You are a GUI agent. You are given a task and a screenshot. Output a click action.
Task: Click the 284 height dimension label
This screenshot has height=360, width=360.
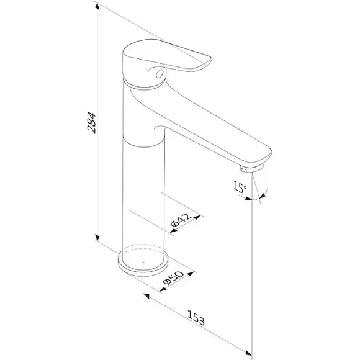click(92, 123)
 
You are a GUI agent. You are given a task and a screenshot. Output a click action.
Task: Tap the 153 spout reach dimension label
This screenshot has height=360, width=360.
click(196, 318)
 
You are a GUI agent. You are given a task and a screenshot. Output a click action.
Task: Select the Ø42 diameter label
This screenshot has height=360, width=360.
click(181, 220)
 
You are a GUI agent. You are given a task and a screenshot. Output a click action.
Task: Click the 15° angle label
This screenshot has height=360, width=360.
click(240, 187)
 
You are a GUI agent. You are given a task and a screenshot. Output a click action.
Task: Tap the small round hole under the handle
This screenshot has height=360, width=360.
click(160, 74)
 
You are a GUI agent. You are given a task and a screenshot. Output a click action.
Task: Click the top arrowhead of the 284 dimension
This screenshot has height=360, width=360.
click(97, 6)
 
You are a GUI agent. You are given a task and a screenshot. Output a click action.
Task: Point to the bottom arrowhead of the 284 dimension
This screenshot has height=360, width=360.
click(97, 238)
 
